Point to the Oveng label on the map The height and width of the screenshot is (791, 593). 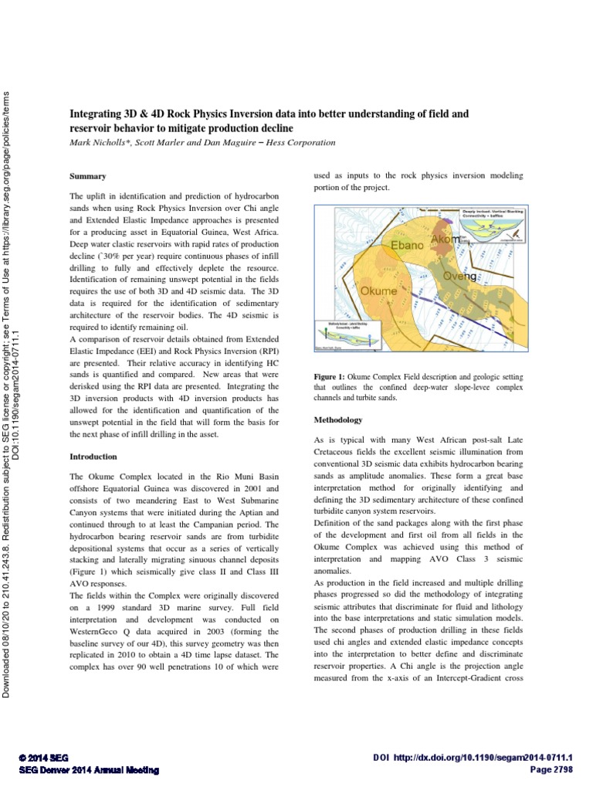[x=459, y=276]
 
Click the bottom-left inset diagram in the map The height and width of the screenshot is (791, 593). [x=343, y=335]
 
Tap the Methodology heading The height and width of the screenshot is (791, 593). [x=338, y=420]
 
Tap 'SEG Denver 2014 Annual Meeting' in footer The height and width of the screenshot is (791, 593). [x=88, y=770]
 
